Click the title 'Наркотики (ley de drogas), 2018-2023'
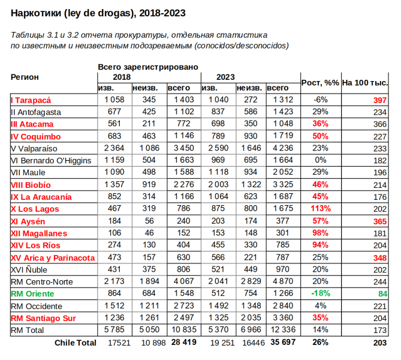click(x=98, y=13)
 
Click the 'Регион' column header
click(x=25, y=77)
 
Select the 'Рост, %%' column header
click(x=320, y=82)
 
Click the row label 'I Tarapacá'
click(x=31, y=100)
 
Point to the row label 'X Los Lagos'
click(x=35, y=209)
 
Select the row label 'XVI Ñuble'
click(x=29, y=269)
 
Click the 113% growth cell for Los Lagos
click(x=320, y=209)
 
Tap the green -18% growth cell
click(x=320, y=293)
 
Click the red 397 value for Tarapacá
click(x=379, y=100)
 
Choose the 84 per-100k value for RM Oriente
click(x=382, y=293)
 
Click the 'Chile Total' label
click(x=75, y=343)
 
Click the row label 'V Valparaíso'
click(x=34, y=148)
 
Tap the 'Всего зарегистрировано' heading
click(x=147, y=67)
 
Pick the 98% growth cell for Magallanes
click(x=320, y=233)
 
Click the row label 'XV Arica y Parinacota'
click(x=53, y=257)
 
